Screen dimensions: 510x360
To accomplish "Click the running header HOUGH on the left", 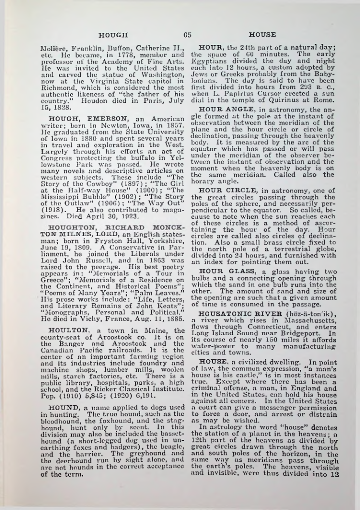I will coord(113,35).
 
